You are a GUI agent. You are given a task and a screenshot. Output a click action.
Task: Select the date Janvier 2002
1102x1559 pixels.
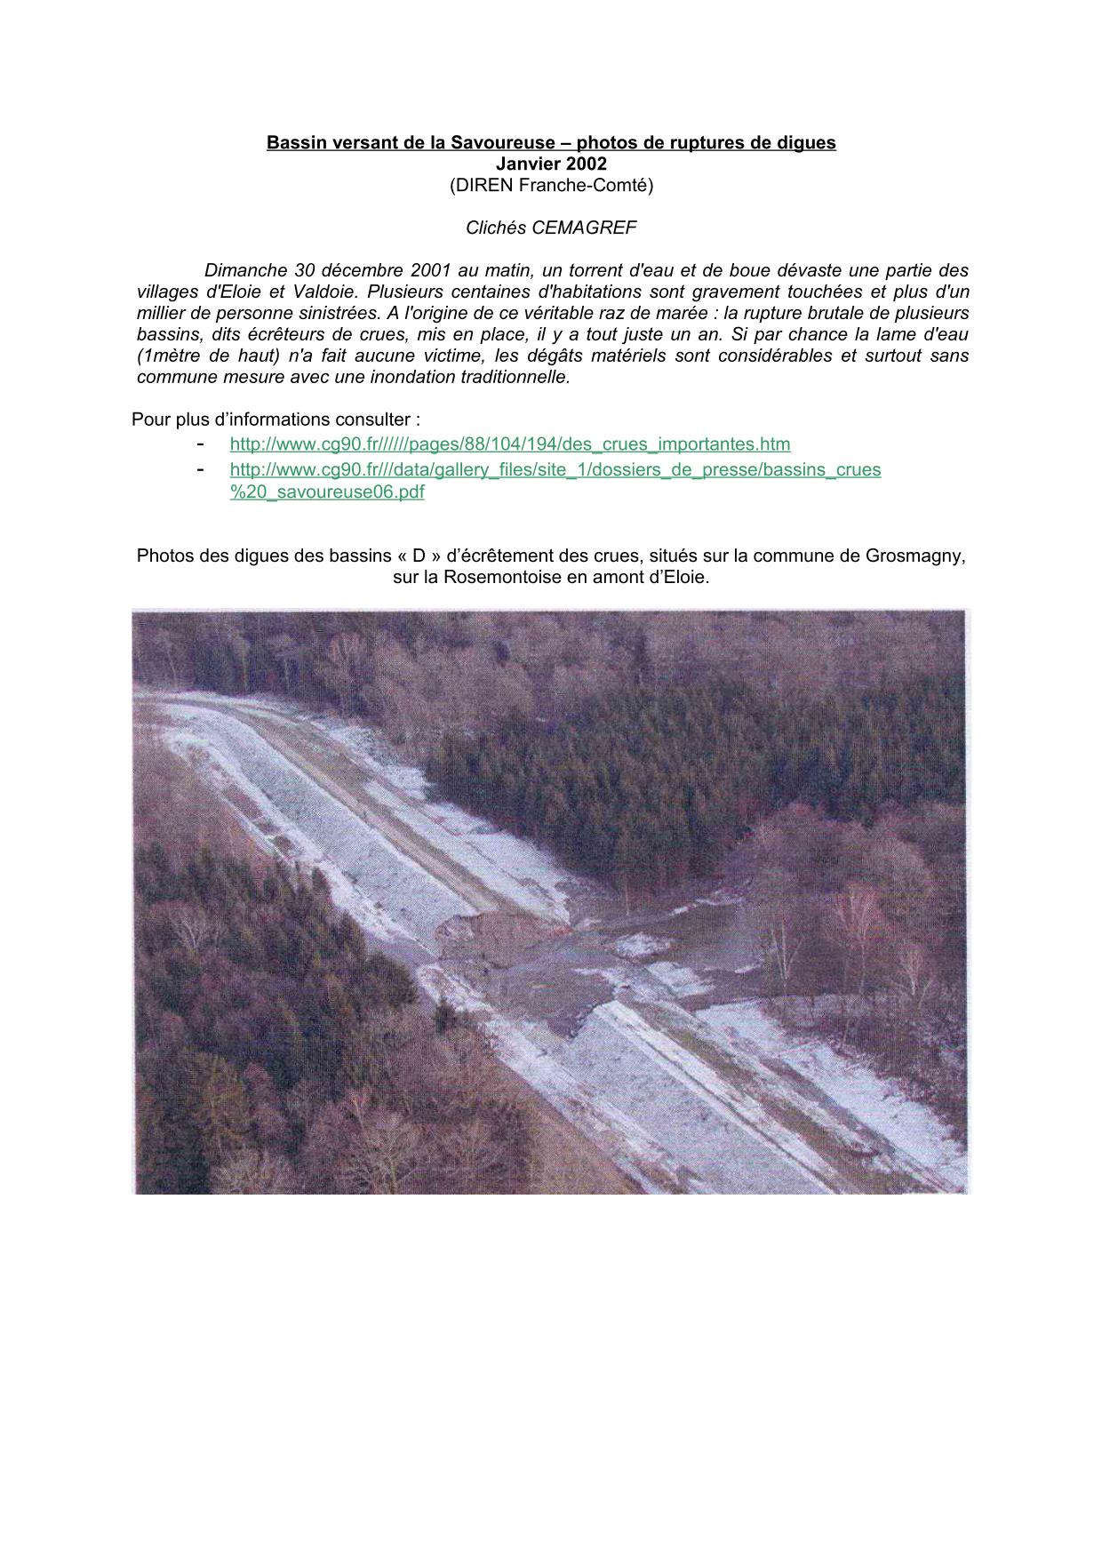point(551,164)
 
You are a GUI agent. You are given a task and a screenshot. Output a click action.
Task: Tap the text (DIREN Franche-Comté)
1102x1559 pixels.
point(551,185)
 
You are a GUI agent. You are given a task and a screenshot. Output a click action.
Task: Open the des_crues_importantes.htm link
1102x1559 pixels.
point(509,444)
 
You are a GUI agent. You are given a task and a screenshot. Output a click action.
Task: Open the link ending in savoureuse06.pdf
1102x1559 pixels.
point(327,492)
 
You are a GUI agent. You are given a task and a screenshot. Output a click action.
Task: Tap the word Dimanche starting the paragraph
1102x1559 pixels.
point(244,270)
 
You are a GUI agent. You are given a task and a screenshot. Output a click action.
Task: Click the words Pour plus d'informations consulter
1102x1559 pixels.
point(275,420)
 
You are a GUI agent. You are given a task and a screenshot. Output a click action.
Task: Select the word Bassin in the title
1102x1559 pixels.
point(294,142)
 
